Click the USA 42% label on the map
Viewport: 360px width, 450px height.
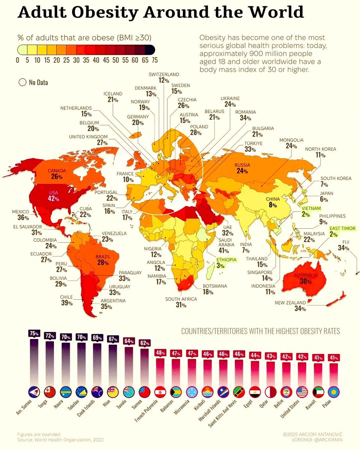point(53,196)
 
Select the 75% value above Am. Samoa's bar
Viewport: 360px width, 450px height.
point(34,333)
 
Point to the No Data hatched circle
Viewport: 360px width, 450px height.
point(22,82)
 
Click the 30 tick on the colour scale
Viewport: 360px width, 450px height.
point(76,60)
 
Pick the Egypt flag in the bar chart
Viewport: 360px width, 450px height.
point(255,392)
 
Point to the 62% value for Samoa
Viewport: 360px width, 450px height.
point(145,343)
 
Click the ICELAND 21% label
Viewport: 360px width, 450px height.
point(113,97)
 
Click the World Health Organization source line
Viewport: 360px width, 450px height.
point(60,439)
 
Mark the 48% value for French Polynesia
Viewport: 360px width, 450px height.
point(161,353)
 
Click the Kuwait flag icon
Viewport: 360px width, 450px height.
point(318,392)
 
